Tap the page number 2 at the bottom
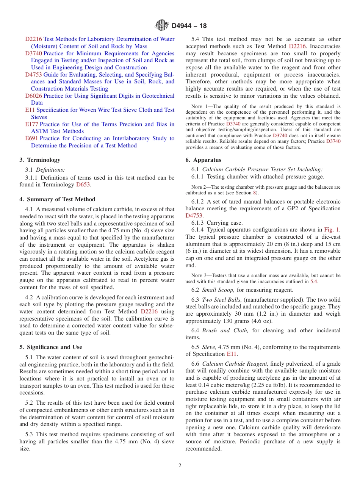click(x=180, y=466)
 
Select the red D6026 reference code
click(x=33, y=96)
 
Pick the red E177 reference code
click(x=31, y=124)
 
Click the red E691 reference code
click(x=31, y=138)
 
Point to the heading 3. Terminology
click(x=40, y=160)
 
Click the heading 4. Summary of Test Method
click(x=57, y=199)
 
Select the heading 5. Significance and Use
click(x=51, y=347)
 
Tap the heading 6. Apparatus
click(x=203, y=160)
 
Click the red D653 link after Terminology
click(x=83, y=185)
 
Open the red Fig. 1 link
click(x=332, y=230)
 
